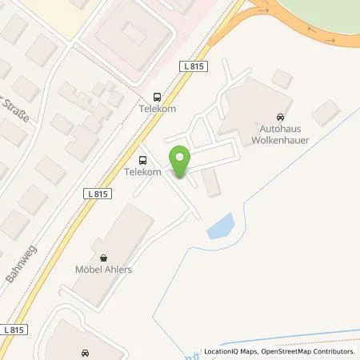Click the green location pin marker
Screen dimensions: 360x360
coord(179,162)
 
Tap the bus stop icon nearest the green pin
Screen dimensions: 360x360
coord(143,158)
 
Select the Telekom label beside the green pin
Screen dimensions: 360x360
coord(143,171)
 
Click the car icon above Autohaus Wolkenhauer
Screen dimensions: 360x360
coord(278,116)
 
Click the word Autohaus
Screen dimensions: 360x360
coord(280,128)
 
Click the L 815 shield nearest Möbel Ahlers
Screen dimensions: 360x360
coord(98,193)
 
